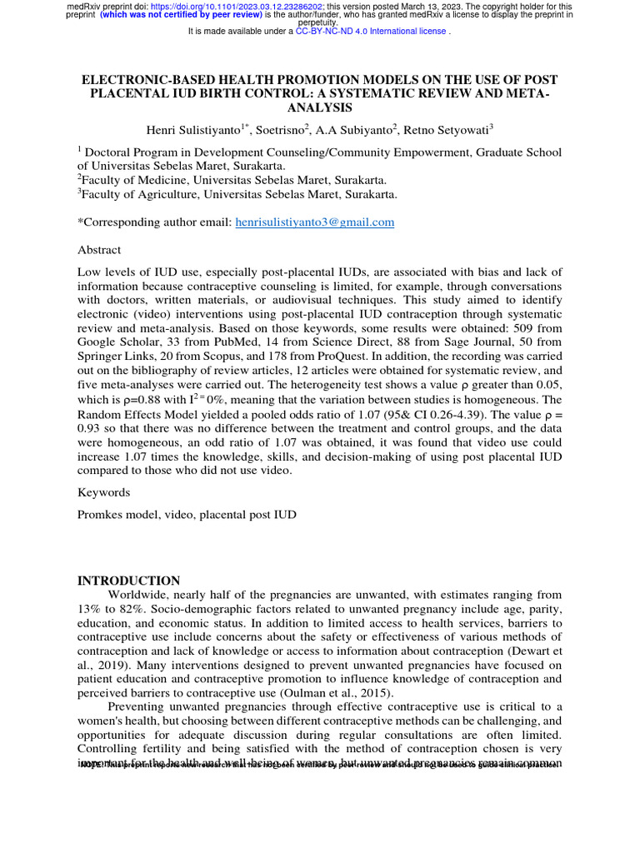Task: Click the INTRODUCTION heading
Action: tap(128, 581)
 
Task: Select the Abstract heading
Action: tap(99, 250)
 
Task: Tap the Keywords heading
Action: tap(103, 492)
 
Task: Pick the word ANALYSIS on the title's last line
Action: tap(319, 108)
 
